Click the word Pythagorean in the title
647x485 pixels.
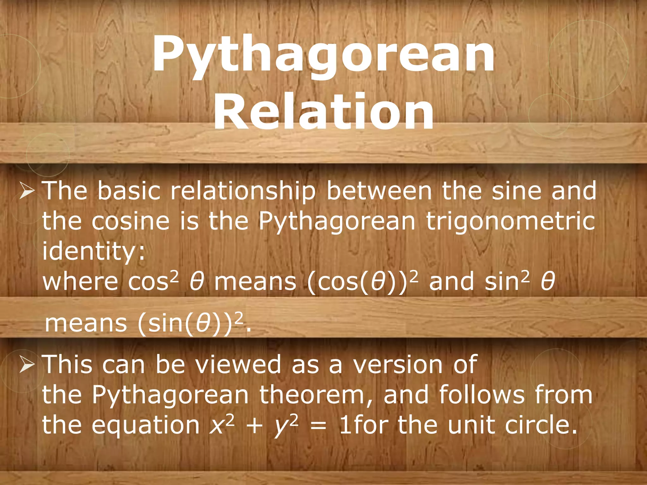pyautogui.click(x=323, y=55)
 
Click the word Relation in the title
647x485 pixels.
pyautogui.click(x=323, y=112)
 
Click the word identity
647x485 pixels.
pyautogui.click(x=90, y=251)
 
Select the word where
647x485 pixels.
pyautogui.click(x=80, y=281)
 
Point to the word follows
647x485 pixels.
pyautogui.click(x=482, y=395)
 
